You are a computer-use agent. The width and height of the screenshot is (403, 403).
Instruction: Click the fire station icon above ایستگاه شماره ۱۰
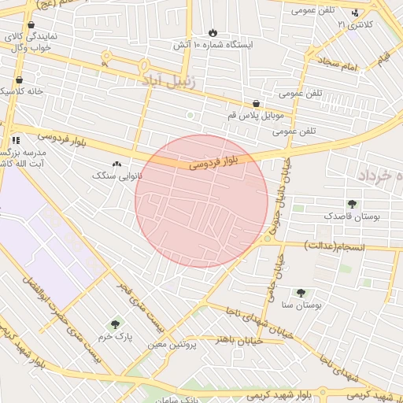point(213,32)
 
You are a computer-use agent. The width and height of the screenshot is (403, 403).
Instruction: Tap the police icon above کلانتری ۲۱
point(355,13)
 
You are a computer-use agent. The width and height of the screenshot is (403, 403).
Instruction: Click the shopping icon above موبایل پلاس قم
point(256,104)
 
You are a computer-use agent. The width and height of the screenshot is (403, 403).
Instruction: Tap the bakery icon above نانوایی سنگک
point(117,165)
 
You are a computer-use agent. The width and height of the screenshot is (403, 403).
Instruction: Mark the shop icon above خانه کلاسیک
point(18,79)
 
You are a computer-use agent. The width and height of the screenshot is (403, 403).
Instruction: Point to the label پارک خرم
point(115,336)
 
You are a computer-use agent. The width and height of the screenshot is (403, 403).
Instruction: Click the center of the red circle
point(201,201)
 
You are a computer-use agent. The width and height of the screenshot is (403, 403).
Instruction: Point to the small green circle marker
point(189,116)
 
